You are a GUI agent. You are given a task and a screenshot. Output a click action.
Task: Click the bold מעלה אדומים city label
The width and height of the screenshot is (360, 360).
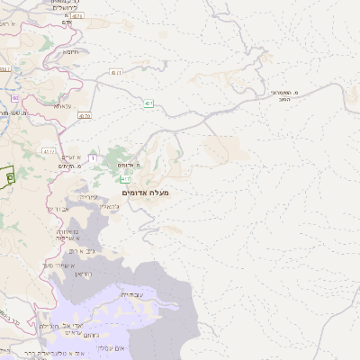[x=144, y=192]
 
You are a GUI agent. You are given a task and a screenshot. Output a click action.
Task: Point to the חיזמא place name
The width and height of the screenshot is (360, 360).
[x=70, y=51]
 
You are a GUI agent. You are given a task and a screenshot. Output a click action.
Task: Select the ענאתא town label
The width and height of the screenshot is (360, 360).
[x=62, y=106]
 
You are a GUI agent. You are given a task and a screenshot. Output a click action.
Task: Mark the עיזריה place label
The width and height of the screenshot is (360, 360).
[x=88, y=196]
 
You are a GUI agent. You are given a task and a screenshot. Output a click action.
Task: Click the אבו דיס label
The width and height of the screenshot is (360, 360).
[x=57, y=208]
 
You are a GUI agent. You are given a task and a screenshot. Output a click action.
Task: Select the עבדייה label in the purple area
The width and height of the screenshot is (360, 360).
[x=130, y=292]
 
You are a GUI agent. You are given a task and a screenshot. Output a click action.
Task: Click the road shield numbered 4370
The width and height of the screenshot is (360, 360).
[x=85, y=115]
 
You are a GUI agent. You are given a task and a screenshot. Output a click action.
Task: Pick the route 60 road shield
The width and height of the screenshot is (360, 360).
[x=14, y=97]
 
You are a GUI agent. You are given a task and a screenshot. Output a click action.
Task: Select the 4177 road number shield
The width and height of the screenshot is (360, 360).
[x=48, y=151]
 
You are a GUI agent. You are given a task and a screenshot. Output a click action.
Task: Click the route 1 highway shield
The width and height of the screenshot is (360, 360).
[x=92, y=158]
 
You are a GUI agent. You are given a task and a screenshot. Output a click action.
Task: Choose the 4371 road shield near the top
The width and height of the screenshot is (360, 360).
[x=76, y=15]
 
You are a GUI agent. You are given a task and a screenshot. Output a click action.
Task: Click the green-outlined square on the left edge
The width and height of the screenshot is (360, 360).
[x=9, y=176]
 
